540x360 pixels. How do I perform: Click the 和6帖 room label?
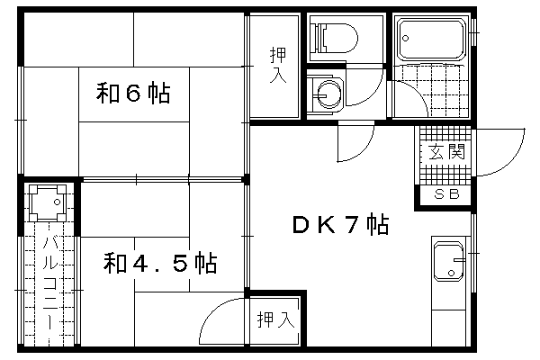tap(133, 94)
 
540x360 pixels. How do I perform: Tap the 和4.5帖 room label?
tap(160, 264)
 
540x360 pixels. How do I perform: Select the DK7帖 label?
tap(340, 224)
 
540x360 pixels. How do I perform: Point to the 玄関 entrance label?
tap(446, 151)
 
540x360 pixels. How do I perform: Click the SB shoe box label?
tap(446, 194)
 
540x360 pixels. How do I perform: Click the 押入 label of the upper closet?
tap(278, 66)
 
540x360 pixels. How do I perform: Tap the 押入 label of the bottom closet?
tap(276, 319)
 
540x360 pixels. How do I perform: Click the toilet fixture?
tap(334, 38)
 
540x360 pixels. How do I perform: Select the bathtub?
tap(431, 39)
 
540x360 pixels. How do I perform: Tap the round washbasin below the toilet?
tap(328, 94)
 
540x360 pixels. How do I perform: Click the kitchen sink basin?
tap(448, 261)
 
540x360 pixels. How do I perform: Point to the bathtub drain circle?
tap(406, 38)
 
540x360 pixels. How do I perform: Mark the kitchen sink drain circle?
tap(451, 274)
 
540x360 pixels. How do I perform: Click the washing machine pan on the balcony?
tap(47, 202)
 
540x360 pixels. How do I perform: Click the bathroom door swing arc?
tap(418, 90)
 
